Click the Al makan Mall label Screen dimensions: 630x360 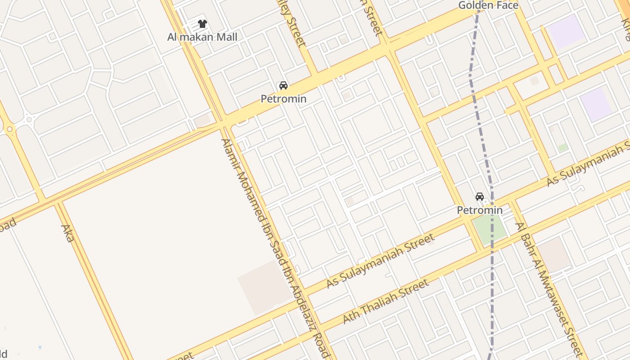point(202,37)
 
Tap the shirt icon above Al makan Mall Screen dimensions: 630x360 point(202,24)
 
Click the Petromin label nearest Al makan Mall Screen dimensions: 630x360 point(283,99)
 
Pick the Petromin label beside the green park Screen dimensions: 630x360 point(480,210)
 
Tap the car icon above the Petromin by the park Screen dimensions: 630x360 point(480,197)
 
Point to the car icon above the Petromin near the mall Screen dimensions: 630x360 point(283,85)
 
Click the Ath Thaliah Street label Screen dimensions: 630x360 point(386,301)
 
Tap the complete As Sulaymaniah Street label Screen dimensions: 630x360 point(380,261)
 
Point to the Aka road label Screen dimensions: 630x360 point(67,233)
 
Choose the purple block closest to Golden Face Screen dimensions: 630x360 point(566,31)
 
